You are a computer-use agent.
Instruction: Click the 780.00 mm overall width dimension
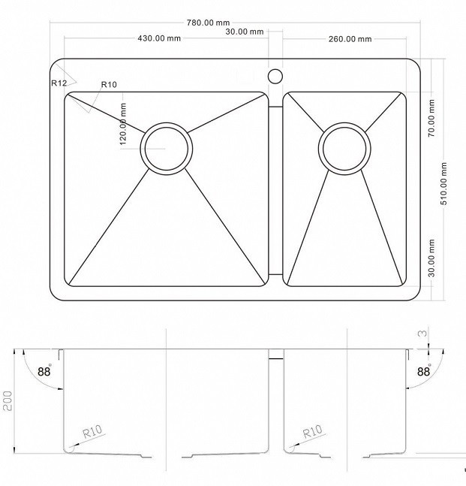click(x=208, y=23)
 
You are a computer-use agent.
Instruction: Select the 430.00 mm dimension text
click(x=159, y=38)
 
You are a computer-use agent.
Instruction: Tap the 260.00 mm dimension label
click(x=350, y=39)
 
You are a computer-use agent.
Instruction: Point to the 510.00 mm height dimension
click(x=444, y=183)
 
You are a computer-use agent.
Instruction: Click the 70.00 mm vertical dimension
click(x=431, y=118)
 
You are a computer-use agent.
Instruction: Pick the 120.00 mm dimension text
click(x=123, y=124)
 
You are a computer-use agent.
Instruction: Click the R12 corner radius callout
click(x=59, y=83)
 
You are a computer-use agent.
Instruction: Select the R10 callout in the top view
click(x=109, y=84)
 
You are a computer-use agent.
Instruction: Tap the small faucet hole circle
click(x=275, y=77)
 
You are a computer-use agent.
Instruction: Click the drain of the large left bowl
click(x=167, y=149)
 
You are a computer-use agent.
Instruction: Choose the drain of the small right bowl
click(x=344, y=149)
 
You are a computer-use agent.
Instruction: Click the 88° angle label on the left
click(x=44, y=371)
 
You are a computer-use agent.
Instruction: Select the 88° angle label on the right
click(x=424, y=371)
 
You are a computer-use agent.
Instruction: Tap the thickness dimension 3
click(x=422, y=334)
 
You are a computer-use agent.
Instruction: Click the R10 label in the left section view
click(x=92, y=431)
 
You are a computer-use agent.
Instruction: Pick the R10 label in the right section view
click(x=312, y=431)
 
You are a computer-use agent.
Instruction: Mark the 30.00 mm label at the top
click(x=245, y=32)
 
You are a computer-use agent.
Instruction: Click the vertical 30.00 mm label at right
click(x=431, y=258)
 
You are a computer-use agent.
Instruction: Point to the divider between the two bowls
click(x=275, y=191)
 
